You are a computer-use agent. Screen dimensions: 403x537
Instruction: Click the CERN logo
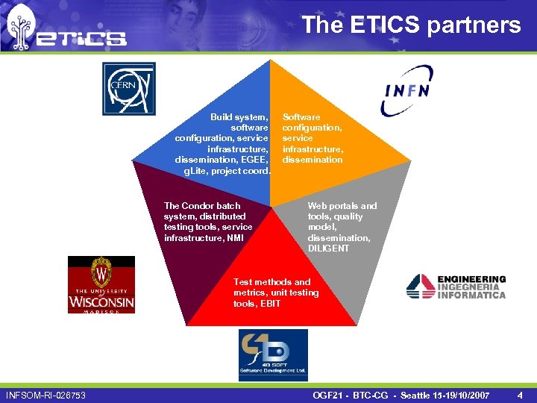pyautogui.click(x=129, y=89)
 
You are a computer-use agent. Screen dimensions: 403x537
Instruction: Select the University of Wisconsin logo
pyautogui.click(x=101, y=284)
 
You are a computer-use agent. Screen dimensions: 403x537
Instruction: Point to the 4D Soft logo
pyautogui.click(x=273, y=354)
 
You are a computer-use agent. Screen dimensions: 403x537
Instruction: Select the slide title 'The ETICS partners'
pyautogui.click(x=411, y=25)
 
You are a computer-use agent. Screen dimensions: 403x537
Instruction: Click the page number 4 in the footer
pyautogui.click(x=520, y=394)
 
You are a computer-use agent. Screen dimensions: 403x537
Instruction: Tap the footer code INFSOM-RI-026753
pyautogui.click(x=45, y=394)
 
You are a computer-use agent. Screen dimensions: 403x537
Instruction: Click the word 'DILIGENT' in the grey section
pyautogui.click(x=328, y=249)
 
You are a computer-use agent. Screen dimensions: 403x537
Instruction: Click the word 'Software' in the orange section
pyautogui.click(x=301, y=117)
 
